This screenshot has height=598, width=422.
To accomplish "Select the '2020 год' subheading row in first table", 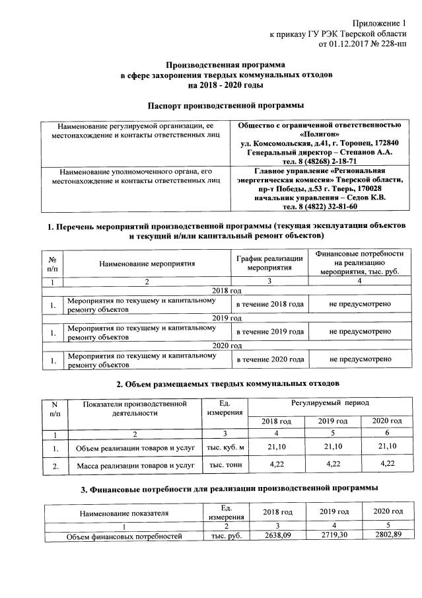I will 227,345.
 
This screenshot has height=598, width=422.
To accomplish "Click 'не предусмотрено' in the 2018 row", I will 359,303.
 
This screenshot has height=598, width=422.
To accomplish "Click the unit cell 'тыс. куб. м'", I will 227,449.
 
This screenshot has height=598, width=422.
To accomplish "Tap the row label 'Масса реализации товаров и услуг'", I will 134,466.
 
